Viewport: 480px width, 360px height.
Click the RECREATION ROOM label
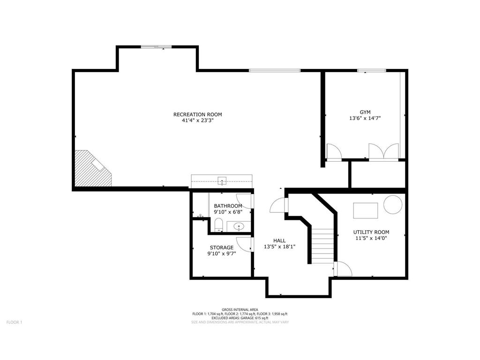tap(197, 114)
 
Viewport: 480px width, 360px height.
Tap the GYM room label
tap(365, 112)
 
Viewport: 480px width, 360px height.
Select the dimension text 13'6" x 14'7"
tap(365, 118)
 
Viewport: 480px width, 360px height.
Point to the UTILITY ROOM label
tap(371, 232)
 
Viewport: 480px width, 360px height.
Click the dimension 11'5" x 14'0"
tap(371, 238)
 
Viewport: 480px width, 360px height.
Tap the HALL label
tap(279, 240)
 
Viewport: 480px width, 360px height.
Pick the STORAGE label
tap(222, 247)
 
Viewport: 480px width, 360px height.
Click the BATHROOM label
tap(228, 206)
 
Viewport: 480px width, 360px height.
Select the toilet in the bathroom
tap(218, 225)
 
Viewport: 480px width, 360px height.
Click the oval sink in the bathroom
tap(239, 227)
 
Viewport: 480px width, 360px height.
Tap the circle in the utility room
tap(393, 204)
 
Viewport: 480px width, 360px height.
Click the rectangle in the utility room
tap(366, 210)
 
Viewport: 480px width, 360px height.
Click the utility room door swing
tap(343, 269)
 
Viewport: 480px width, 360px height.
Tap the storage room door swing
tap(244, 244)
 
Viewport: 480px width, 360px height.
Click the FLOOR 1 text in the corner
tap(15, 322)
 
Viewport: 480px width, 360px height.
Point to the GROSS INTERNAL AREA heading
tap(240, 309)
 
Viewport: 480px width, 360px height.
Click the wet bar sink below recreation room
tap(222, 181)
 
